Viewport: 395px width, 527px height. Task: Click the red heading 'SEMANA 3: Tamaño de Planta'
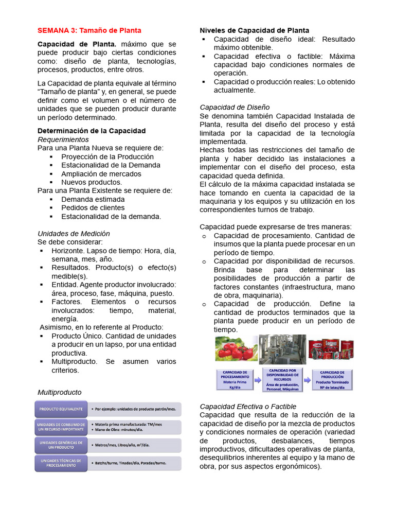[89, 30]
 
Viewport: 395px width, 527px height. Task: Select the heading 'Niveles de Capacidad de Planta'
[254, 30]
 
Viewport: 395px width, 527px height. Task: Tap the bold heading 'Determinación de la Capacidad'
[92, 131]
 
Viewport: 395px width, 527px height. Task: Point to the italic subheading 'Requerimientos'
[63, 139]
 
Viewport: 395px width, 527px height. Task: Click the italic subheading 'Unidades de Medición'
[74, 233]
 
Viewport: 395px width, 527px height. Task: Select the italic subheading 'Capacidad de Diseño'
[235, 107]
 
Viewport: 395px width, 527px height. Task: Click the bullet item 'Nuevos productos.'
[92, 182]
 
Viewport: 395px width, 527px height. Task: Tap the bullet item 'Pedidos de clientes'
[93, 207]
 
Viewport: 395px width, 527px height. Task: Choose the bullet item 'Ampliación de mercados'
[101, 173]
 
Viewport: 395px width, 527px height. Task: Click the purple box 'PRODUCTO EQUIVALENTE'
[60, 409]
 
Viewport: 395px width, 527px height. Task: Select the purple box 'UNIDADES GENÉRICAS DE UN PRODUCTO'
[60, 445]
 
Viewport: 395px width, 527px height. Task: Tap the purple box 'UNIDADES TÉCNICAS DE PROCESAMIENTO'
[60, 463]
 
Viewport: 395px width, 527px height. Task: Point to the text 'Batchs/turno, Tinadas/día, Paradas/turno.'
[131, 463]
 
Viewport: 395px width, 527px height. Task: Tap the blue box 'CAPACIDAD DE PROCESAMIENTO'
[236, 380]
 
